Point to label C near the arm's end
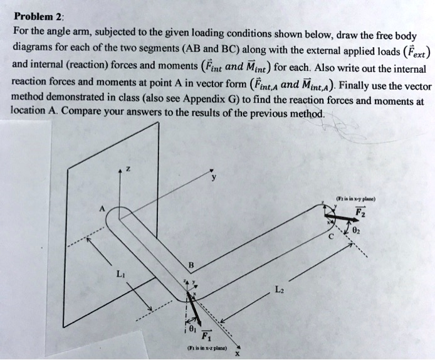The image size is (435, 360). pyautogui.click(x=331, y=238)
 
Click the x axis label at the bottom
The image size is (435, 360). pyautogui.click(x=237, y=353)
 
